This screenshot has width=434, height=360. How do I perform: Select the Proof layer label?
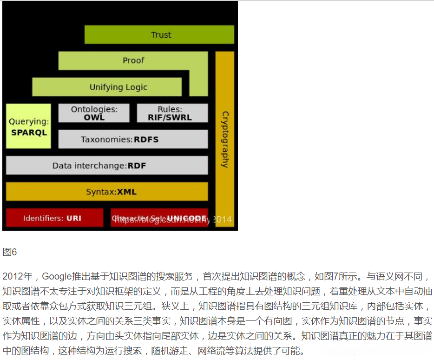click(x=133, y=60)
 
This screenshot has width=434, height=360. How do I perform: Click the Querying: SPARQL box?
click(x=28, y=127)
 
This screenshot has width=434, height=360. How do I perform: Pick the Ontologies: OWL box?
click(x=94, y=113)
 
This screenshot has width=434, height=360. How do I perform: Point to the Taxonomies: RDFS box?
click(x=133, y=140)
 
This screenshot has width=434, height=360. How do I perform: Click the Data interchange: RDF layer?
click(x=107, y=166)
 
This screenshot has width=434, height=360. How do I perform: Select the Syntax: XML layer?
click(x=107, y=192)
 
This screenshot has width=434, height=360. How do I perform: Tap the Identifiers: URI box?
click(x=54, y=218)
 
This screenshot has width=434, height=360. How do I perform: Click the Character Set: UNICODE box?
click(x=159, y=218)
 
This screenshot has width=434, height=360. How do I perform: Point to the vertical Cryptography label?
click(x=225, y=139)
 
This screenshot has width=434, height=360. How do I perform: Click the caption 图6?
click(x=10, y=253)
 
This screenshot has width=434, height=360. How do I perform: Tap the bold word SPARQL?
click(x=29, y=133)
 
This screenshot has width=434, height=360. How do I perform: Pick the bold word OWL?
click(x=94, y=118)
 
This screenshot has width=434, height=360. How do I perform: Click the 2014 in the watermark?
click(x=223, y=220)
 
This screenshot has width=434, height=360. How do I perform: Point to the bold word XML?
click(x=127, y=192)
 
